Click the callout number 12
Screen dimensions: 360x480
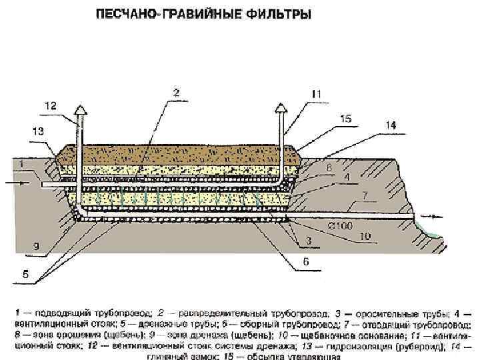click(51, 105)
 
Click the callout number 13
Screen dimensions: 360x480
click(38, 131)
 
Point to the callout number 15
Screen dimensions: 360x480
click(345, 119)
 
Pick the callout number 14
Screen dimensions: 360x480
click(391, 125)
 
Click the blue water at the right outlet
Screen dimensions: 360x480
click(431, 231)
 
